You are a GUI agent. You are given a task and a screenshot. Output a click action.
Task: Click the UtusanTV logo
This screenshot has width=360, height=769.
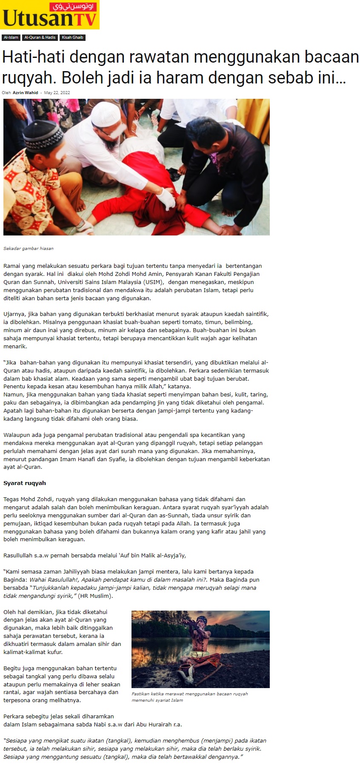tap(50, 15)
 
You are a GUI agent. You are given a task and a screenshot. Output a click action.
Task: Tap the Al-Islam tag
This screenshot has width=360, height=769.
tap(11, 37)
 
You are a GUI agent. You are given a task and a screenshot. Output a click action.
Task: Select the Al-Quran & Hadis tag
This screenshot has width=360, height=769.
tap(40, 37)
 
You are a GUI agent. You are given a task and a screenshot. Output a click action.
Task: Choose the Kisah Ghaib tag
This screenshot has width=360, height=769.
tap(72, 37)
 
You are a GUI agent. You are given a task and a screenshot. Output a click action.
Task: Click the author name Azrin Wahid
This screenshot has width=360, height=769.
tap(25, 92)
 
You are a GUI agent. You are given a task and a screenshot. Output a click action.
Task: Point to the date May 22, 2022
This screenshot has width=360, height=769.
tap(57, 92)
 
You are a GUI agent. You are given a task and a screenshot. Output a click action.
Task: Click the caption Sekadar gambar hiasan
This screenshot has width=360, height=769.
tap(29, 248)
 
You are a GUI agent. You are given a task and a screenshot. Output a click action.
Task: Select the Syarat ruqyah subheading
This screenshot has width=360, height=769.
tap(25, 483)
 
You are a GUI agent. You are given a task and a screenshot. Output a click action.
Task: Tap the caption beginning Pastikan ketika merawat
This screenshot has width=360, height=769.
tap(190, 697)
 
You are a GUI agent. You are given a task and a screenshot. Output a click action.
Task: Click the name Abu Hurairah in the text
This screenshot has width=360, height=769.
tap(155, 724)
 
